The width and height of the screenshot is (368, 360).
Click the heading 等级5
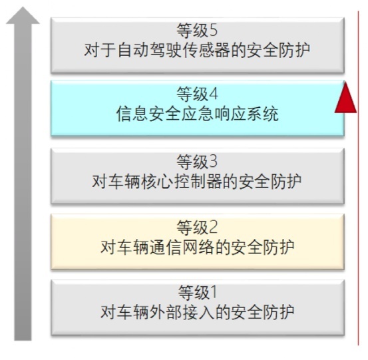197,31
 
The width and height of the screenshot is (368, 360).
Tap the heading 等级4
197,94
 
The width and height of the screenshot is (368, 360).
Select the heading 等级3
197,162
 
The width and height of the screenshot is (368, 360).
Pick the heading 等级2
197,228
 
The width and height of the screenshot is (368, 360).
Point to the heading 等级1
197,293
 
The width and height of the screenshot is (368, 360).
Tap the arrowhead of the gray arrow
23,15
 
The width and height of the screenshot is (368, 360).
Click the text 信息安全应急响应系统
197,114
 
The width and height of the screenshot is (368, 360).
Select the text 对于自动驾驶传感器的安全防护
197,50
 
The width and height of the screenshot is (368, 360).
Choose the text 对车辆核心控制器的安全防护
197,182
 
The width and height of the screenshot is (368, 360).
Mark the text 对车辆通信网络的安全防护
197,247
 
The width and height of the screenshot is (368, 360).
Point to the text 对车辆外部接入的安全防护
197,312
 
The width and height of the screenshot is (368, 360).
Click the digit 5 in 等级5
213,31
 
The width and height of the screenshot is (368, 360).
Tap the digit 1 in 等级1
214,292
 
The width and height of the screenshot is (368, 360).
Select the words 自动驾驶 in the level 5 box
149,50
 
